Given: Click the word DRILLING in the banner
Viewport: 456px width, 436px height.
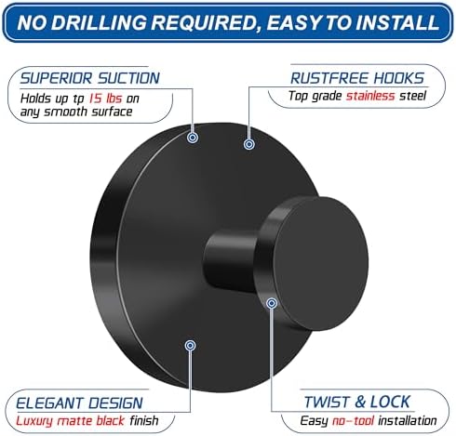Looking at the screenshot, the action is tap(99, 22).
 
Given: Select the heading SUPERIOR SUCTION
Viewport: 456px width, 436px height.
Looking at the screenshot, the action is tap(90, 78).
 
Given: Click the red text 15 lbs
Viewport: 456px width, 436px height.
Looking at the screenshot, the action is tap(105, 99).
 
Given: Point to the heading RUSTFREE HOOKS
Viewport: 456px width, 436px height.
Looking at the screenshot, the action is tap(357, 78).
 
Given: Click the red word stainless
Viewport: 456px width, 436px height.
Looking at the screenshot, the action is tap(370, 96).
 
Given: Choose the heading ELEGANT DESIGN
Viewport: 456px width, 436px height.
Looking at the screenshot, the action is tap(79, 403).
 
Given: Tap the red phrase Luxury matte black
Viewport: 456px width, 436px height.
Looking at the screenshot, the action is tap(71, 420).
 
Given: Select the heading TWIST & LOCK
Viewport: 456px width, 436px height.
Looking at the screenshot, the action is tap(357, 402).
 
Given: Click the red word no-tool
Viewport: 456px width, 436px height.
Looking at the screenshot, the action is tap(354, 420).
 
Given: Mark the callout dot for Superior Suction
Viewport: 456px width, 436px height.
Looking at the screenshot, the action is tap(193, 138).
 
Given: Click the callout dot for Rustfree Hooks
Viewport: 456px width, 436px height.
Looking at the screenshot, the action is tap(248, 144).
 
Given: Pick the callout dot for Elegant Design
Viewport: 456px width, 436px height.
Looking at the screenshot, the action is tap(190, 345).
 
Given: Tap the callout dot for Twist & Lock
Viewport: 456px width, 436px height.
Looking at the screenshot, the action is tap(272, 303).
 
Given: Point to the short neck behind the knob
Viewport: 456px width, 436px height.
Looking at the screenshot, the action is tap(230, 262).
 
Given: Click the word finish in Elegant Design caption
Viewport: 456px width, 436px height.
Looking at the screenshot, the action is tap(144, 420).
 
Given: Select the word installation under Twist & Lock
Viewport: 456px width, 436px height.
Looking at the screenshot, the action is tap(408, 420).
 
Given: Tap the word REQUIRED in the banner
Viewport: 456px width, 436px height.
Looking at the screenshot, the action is tap(206, 23).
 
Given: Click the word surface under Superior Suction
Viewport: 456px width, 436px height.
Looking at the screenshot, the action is tap(113, 112).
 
